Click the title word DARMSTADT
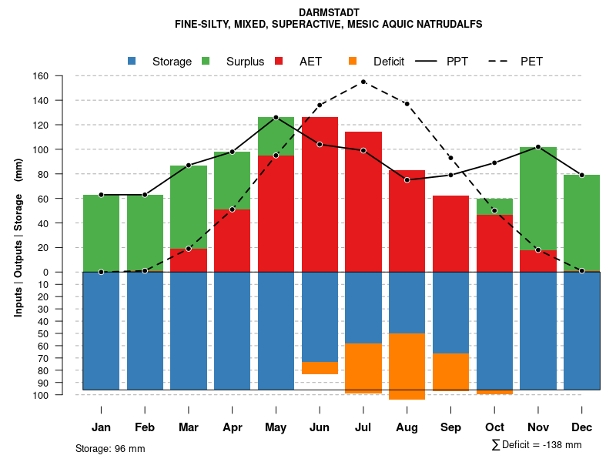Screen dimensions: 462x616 click(328, 12)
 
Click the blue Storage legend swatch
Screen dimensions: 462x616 click(132, 61)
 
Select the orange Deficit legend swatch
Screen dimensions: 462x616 click(353, 61)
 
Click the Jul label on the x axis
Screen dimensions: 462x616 click(363, 427)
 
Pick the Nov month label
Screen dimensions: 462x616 click(538, 427)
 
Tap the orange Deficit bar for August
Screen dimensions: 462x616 click(407, 367)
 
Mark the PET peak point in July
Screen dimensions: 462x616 click(363, 82)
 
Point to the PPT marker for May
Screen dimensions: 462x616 click(276, 117)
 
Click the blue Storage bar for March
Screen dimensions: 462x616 click(189, 331)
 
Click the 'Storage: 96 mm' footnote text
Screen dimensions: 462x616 click(110, 448)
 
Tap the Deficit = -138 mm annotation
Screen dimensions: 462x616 click(537, 445)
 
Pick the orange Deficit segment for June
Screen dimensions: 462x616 click(320, 368)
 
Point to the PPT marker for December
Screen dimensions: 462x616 click(582, 176)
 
